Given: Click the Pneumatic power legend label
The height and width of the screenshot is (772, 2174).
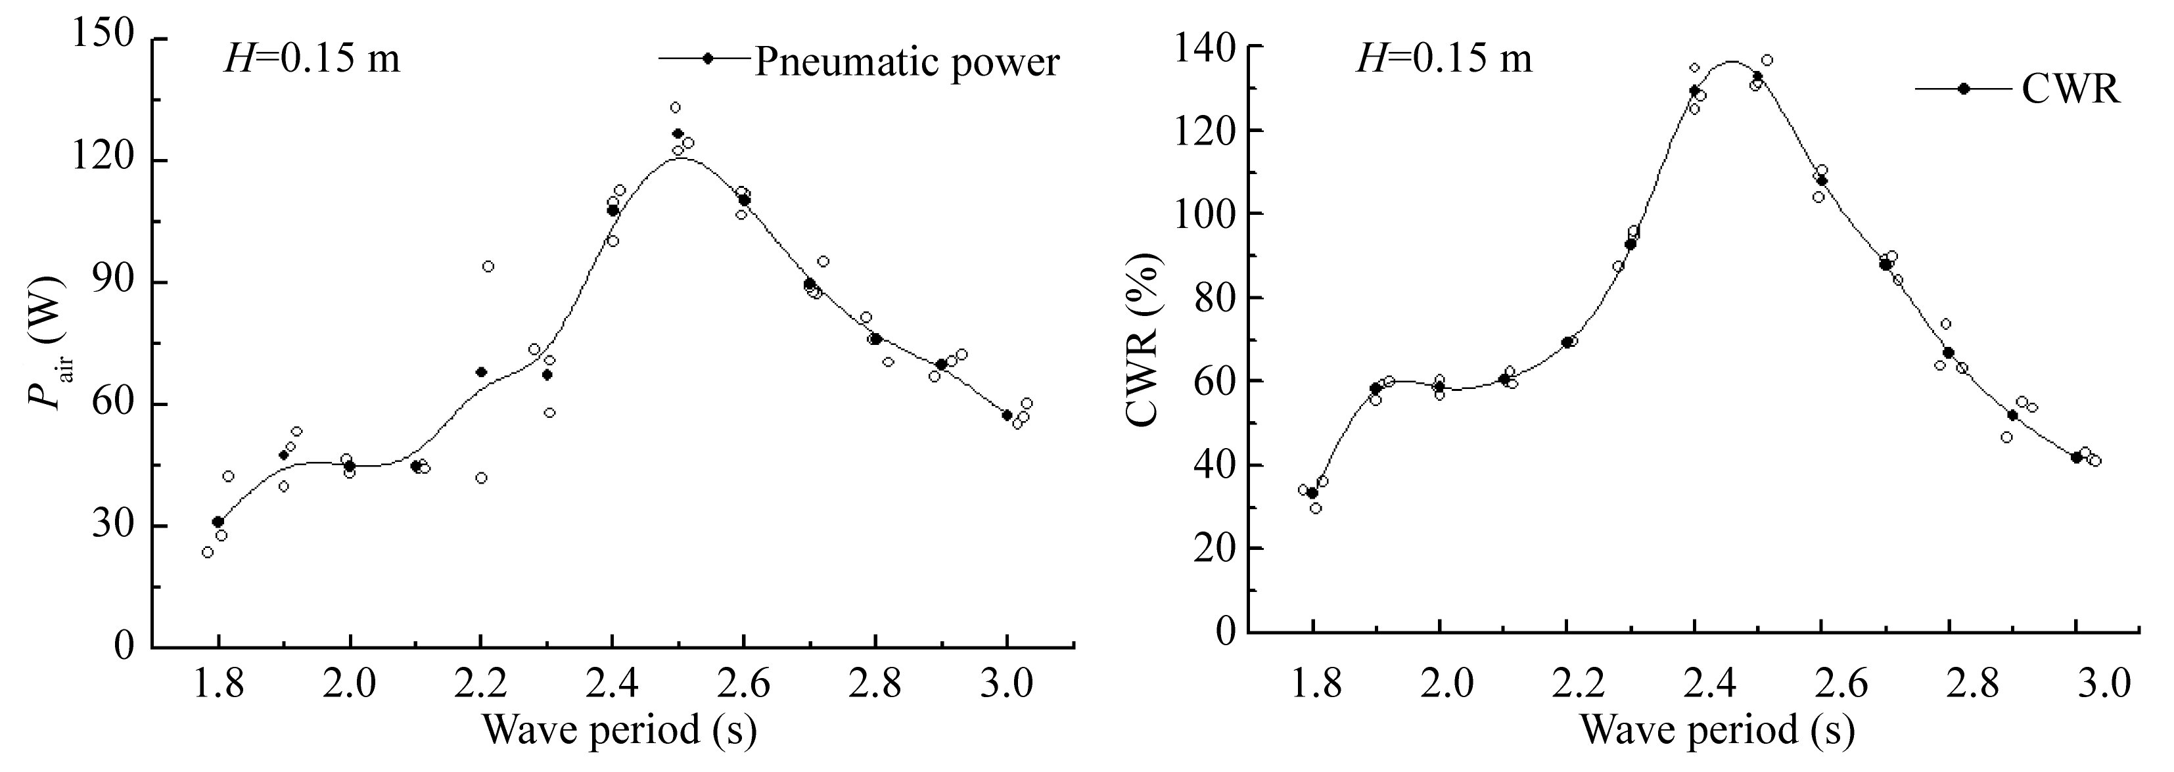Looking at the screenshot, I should pos(906,62).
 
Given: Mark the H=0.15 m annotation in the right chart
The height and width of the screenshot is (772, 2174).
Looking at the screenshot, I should pos(1443,60).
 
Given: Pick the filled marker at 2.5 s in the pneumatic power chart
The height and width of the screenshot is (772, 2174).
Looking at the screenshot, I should pos(678,133).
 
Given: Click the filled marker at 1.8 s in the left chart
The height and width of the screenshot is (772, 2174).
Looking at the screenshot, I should pos(218,522).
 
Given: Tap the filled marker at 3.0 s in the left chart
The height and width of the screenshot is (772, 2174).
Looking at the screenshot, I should pos(1007,415).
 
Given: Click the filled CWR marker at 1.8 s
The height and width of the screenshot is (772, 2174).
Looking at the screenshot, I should pos(1312,493).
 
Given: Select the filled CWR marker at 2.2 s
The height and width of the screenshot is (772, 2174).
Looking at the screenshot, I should pos(1566,342).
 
